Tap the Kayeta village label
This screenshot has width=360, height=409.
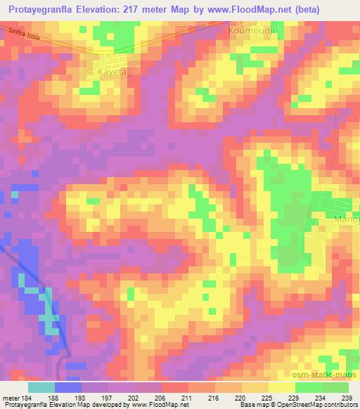click(x=110, y=72)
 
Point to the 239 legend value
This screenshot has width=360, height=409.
click(x=346, y=398)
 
